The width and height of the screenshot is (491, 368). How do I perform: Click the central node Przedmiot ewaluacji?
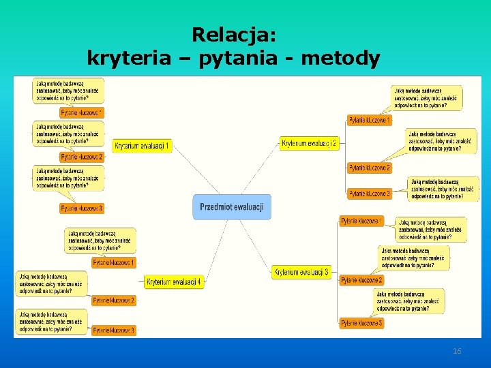[x=232, y=206]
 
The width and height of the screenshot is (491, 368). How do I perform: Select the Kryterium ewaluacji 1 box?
[x=142, y=146]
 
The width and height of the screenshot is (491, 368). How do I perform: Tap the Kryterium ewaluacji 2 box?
[x=310, y=143]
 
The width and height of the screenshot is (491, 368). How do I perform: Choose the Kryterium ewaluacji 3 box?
[x=301, y=272]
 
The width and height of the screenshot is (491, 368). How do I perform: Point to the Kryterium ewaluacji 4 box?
[x=174, y=281]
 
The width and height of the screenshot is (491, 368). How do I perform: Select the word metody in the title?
[x=340, y=59]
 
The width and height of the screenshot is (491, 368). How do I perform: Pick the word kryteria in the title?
[x=129, y=59]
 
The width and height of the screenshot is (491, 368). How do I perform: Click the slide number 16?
[x=457, y=351]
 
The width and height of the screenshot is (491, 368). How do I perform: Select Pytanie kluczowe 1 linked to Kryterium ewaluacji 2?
[x=370, y=121]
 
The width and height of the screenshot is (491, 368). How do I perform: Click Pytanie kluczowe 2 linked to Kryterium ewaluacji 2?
[x=370, y=168]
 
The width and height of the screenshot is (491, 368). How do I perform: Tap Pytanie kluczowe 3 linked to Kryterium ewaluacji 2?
[x=370, y=194]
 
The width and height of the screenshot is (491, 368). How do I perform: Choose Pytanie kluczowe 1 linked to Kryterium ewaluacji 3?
[x=361, y=221]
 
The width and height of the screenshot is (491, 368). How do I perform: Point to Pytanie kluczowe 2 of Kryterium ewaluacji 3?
[x=361, y=280]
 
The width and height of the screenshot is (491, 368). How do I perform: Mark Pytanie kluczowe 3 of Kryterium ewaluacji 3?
[x=361, y=322]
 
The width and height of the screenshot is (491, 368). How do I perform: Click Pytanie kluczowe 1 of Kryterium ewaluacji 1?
[x=82, y=112]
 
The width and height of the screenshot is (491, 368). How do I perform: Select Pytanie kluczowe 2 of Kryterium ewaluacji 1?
[x=82, y=157]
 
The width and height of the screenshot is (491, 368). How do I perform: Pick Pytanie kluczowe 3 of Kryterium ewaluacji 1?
[x=82, y=209]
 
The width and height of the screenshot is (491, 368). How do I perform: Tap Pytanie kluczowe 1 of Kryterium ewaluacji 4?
[x=114, y=262]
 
